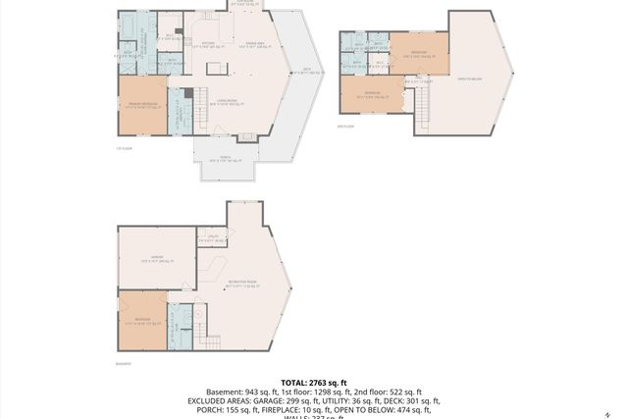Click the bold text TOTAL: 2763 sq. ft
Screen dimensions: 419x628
(x=314, y=383)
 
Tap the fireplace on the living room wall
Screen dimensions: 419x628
(x=184, y=93)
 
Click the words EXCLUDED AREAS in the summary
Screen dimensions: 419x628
(x=224, y=400)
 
